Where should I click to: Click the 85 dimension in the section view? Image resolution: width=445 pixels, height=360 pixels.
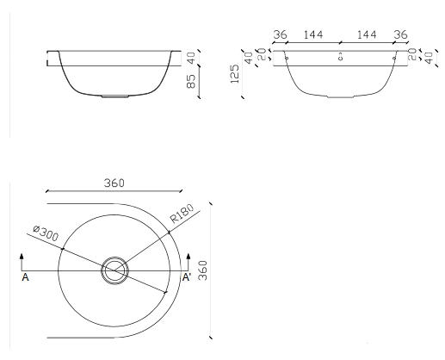click(191, 82)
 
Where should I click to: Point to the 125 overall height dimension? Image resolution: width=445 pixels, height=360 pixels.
click(235, 74)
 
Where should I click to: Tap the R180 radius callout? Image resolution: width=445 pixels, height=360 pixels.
click(182, 214)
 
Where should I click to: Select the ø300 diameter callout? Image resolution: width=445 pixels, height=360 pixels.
click(46, 233)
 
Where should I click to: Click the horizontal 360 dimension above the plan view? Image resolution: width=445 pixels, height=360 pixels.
click(114, 183)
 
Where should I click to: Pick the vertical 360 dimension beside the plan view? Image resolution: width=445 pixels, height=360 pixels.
click(203, 270)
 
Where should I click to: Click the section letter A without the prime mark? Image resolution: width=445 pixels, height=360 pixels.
click(25, 277)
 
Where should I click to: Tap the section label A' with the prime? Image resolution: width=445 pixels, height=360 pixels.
click(187, 277)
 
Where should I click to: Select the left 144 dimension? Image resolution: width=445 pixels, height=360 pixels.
click(313, 34)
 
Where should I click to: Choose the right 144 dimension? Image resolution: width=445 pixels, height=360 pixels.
click(367, 34)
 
